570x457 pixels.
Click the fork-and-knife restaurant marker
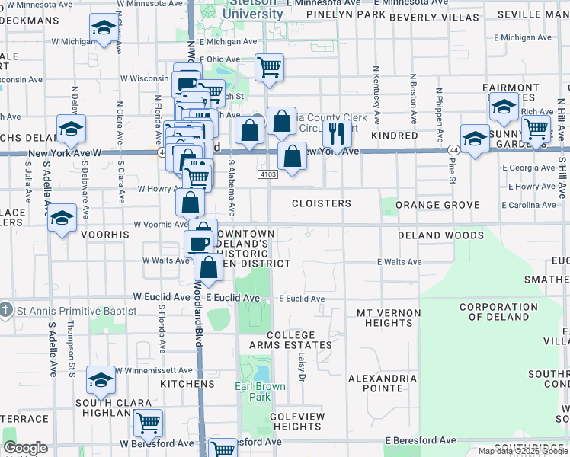(x=337, y=134)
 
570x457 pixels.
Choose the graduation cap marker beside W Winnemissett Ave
(x=101, y=380)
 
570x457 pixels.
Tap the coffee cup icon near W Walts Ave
(x=199, y=243)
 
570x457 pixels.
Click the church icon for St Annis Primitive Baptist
(x=6, y=310)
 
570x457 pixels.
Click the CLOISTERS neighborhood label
(x=322, y=204)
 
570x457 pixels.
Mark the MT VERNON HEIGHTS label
(x=389, y=318)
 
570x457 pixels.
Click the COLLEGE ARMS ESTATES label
(x=300, y=340)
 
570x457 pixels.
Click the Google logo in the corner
(x=26, y=448)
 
